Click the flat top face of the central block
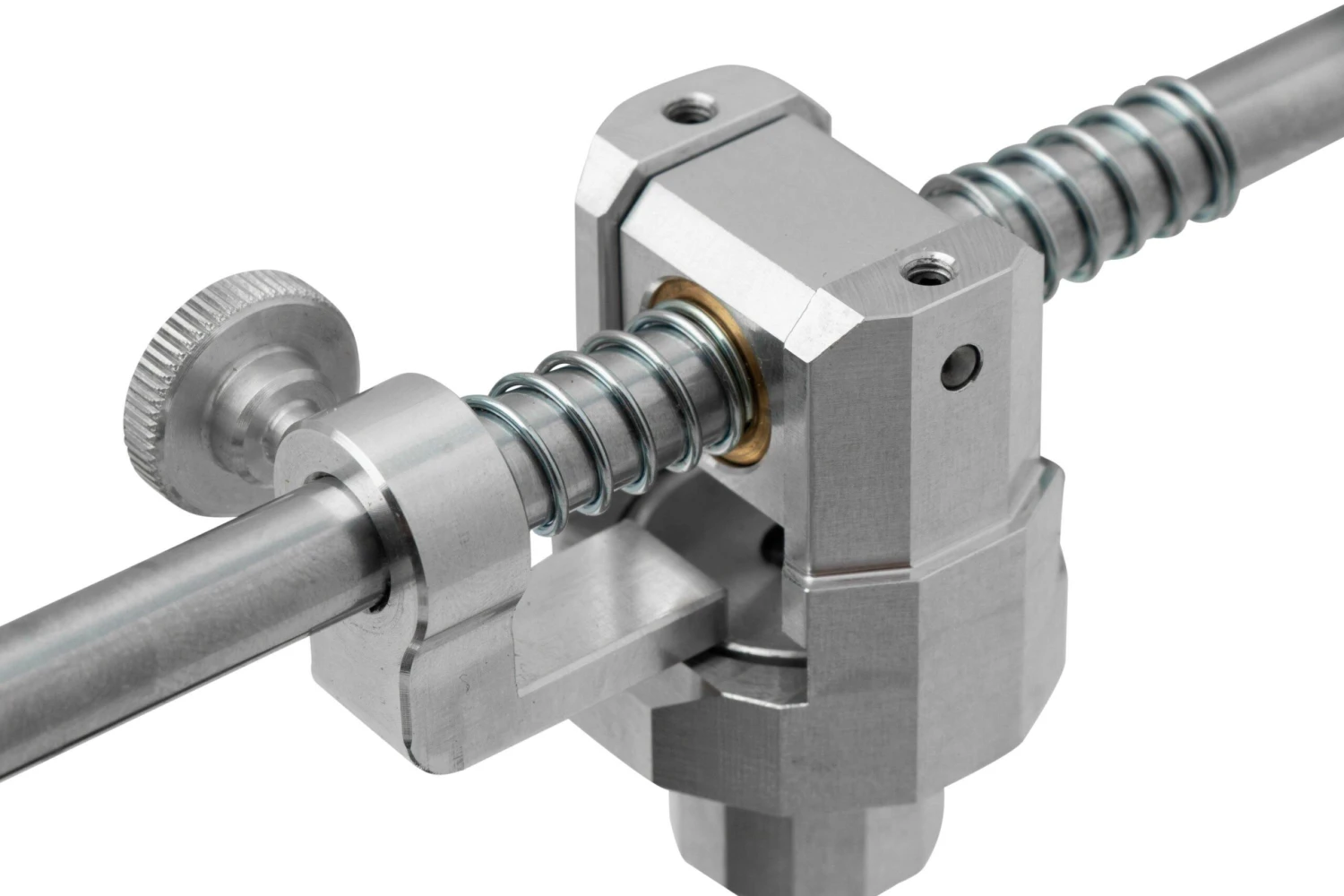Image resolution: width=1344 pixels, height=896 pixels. pos(788,206)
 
